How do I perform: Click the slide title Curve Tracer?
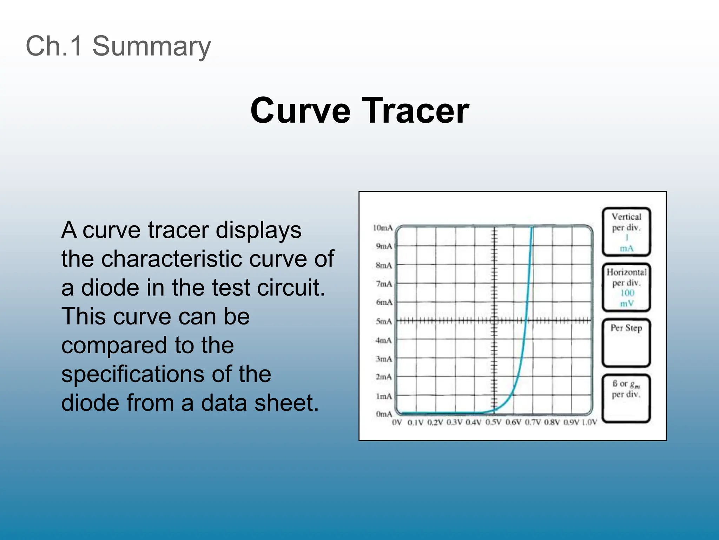click(359, 111)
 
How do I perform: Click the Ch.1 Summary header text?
click(118, 46)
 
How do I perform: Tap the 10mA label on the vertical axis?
click(383, 228)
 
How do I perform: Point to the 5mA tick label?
click(384, 321)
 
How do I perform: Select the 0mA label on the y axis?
click(384, 414)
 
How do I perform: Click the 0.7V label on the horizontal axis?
click(533, 422)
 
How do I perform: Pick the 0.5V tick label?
click(493, 422)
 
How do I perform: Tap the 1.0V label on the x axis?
click(589, 422)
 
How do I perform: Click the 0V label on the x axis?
click(397, 422)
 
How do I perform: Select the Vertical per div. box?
click(627, 232)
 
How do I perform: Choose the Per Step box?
click(627, 343)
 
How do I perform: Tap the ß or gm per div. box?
click(627, 398)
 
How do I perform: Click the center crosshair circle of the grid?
click(494, 320)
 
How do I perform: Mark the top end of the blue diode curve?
click(532, 228)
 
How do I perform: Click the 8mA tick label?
click(384, 265)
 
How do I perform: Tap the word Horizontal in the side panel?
click(627, 272)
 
